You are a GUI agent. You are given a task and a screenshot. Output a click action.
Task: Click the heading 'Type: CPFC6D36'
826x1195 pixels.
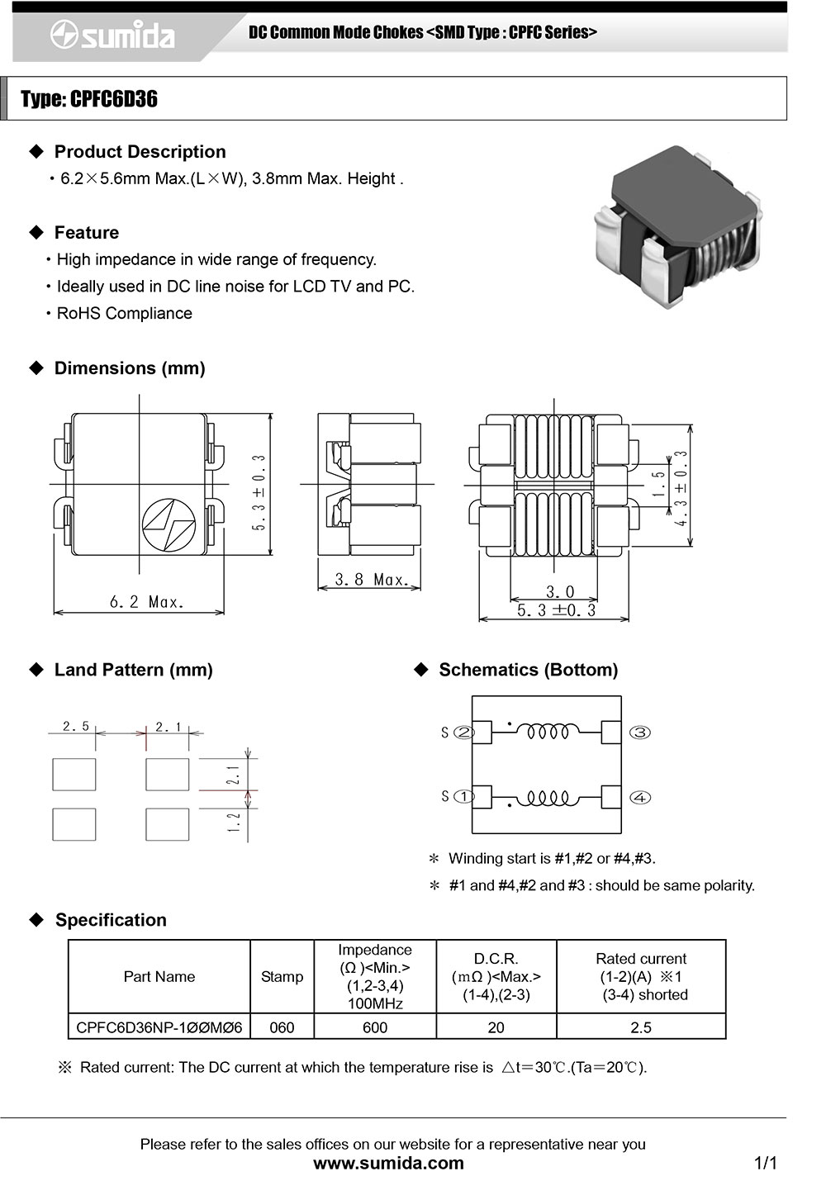89,99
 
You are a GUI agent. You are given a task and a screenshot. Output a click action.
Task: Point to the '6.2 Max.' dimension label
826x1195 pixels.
146,602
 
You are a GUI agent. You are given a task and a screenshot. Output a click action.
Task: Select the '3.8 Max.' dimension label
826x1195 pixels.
371,580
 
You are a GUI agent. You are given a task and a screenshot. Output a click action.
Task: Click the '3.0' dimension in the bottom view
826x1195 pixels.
559,592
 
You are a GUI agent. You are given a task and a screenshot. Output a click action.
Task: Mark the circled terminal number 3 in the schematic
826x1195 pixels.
640,733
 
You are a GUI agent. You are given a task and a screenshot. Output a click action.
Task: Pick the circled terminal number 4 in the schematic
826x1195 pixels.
640,798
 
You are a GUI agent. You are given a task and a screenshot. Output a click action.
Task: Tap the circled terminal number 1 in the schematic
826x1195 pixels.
464,797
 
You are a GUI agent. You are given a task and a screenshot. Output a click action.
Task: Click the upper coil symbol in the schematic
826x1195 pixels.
548,732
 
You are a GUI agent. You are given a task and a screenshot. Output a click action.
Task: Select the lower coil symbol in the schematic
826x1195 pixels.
548,798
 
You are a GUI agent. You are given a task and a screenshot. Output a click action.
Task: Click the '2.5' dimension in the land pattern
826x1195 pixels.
76,726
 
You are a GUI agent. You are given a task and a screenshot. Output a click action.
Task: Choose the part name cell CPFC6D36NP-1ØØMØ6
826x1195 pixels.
159,1027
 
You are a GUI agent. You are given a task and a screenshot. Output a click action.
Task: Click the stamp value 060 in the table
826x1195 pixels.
282,1027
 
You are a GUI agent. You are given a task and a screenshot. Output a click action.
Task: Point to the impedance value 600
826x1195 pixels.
375,1027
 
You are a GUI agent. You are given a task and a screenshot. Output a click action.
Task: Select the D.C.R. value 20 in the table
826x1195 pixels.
496,1027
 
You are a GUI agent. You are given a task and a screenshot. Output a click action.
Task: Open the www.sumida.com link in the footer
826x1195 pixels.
388,1164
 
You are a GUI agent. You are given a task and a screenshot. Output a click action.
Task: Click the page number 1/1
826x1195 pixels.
766,1164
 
